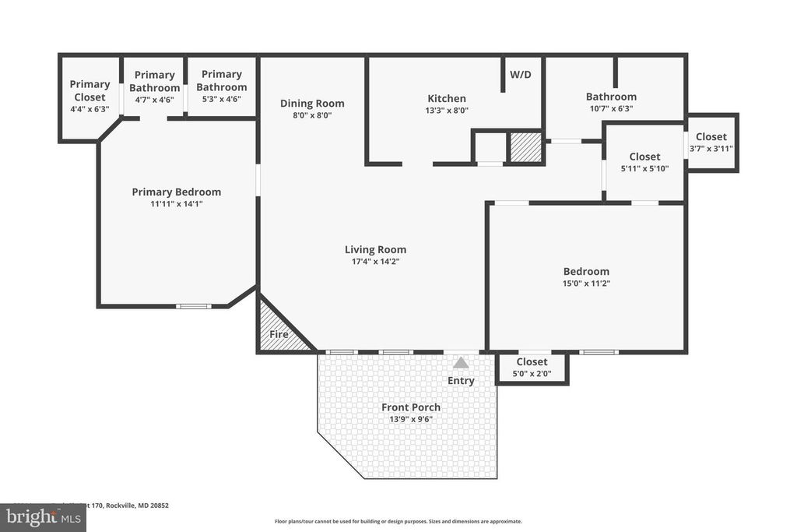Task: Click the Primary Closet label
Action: click(90, 90)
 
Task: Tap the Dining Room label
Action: click(312, 104)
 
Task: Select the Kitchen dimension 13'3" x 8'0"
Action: click(447, 111)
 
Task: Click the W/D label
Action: click(521, 75)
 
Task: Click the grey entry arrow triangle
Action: click(461, 362)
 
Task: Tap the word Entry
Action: click(461, 380)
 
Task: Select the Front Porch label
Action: click(410, 407)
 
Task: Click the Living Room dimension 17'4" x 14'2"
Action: click(375, 262)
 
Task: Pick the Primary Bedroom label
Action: click(176, 192)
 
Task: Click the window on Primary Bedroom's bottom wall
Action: click(193, 306)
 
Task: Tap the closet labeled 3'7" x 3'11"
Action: click(711, 143)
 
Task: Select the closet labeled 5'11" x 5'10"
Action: click(644, 162)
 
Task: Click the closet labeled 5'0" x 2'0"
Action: click(532, 368)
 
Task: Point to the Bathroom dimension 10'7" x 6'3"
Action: click(611, 109)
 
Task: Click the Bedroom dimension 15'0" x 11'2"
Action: click(586, 284)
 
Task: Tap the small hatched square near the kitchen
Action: click(525, 146)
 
